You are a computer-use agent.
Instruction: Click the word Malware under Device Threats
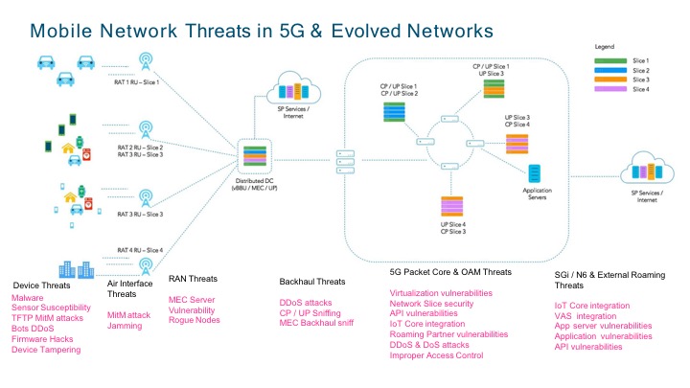pyautogui.click(x=28, y=298)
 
